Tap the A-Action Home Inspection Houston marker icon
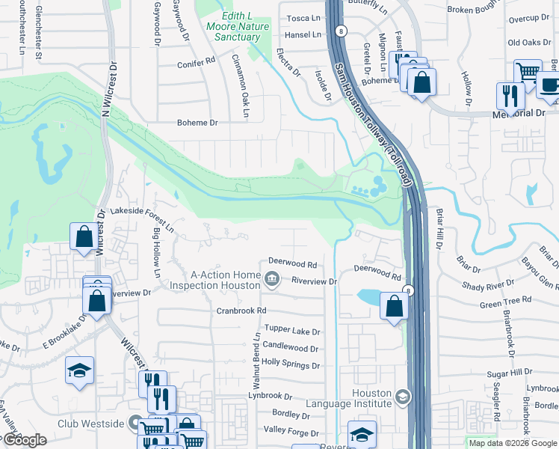click(x=272, y=281)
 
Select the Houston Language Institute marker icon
click(x=403, y=397)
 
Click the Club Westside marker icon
click(x=135, y=424)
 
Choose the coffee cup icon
click(x=549, y=85)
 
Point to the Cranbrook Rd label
click(x=241, y=311)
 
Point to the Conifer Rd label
click(x=196, y=65)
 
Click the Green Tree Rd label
click(x=505, y=305)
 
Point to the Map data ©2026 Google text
click(x=512, y=443)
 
